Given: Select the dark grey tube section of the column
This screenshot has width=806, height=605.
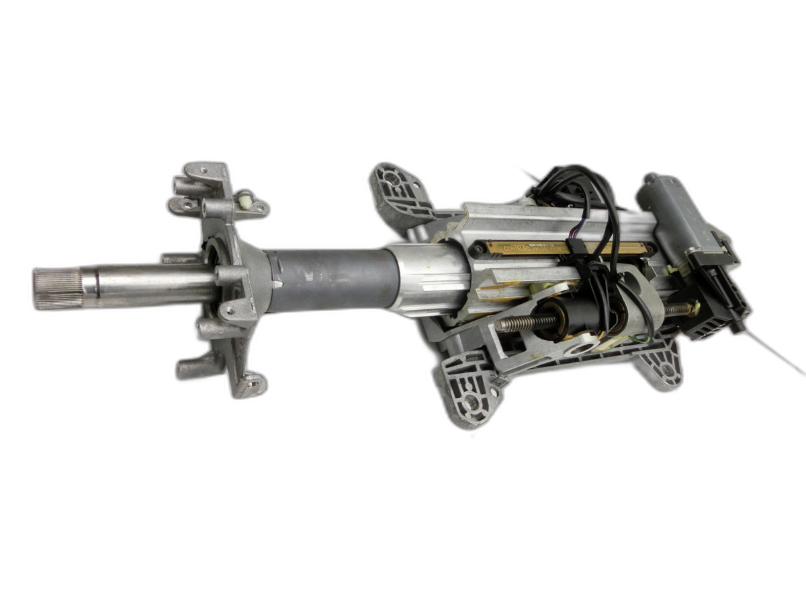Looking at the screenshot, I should (328, 280).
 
